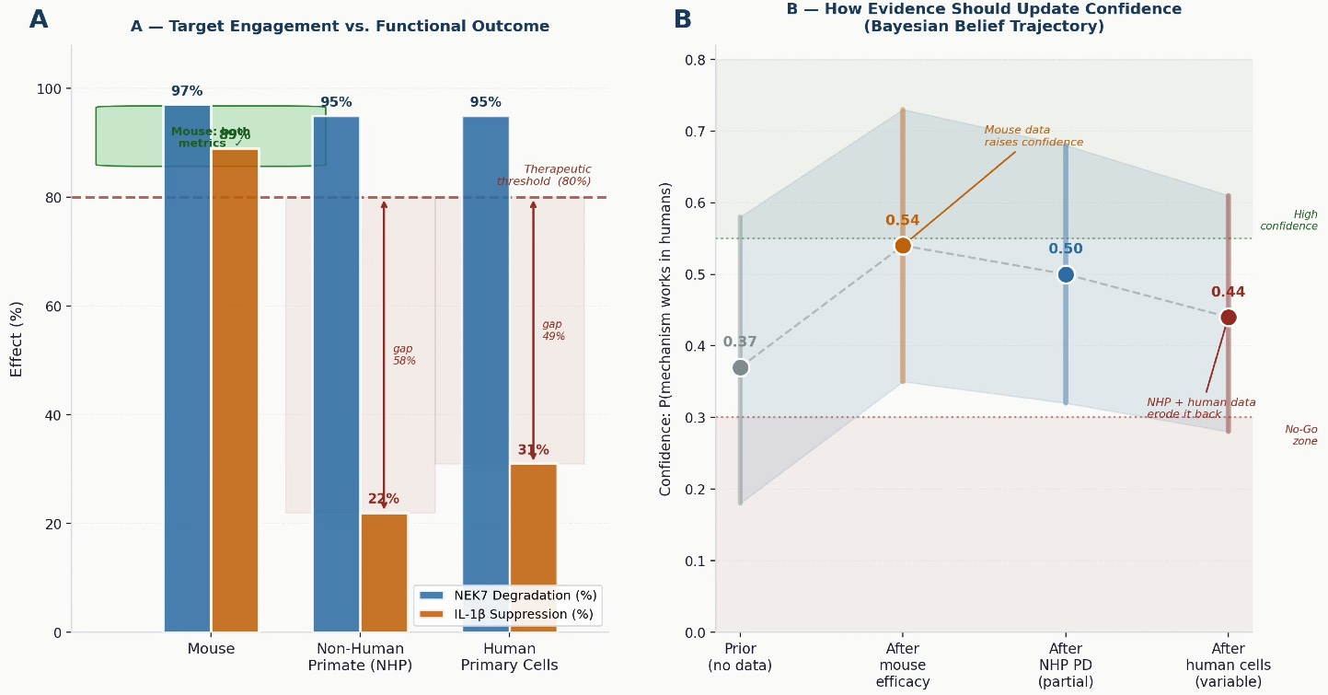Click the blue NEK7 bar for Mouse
[x=188, y=368]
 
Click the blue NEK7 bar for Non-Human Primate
[x=336, y=368]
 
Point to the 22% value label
[x=384, y=499]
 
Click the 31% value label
[x=533, y=450]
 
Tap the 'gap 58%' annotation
[x=404, y=354]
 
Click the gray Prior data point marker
[x=740, y=367]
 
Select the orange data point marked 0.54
[x=902, y=246]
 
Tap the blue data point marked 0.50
[x=1066, y=274]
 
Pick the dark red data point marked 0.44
[x=1228, y=318]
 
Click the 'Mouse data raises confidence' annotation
[x=1033, y=136]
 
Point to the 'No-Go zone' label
[x=1300, y=434]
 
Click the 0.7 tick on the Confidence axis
[x=694, y=132]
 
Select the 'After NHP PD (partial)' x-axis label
[x=1066, y=666]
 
